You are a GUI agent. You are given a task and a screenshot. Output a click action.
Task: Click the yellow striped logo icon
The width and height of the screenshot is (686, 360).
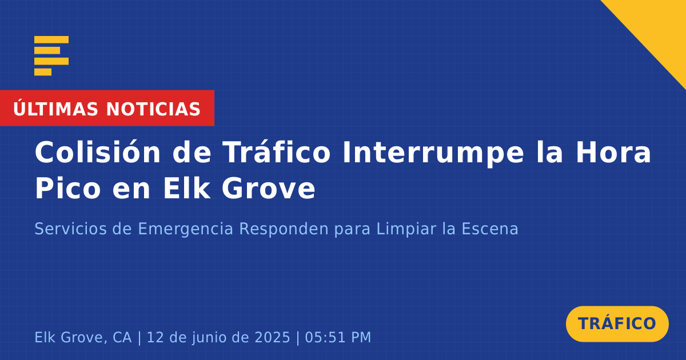coord(51,56)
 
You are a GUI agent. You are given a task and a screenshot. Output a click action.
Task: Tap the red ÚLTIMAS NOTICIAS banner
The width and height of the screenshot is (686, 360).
coord(107,108)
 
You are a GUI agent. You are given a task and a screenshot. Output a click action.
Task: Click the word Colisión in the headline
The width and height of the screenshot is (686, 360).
coord(98,152)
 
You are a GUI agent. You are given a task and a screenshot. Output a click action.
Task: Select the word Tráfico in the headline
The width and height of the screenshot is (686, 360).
coord(277,152)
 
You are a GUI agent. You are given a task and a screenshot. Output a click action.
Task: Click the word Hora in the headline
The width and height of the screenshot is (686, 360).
coord(613,152)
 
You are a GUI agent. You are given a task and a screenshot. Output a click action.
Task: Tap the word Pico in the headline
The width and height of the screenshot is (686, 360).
coord(68,188)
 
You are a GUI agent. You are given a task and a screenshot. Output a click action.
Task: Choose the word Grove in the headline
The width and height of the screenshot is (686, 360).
coord(268,188)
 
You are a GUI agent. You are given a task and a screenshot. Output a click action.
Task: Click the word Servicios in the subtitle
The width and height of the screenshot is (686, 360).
coord(71,229)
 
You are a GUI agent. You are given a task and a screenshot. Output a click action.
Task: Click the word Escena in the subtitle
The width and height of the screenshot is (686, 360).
coord(490,229)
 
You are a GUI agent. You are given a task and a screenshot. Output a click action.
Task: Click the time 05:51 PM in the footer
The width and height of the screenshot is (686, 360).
coord(338,337)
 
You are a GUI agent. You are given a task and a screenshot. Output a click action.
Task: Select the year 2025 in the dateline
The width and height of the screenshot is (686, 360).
coord(272,337)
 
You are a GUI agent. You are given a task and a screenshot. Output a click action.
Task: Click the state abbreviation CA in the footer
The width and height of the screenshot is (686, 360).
coord(122,337)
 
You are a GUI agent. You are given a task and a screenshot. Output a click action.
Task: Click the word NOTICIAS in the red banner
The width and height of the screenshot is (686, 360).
coord(153,109)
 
